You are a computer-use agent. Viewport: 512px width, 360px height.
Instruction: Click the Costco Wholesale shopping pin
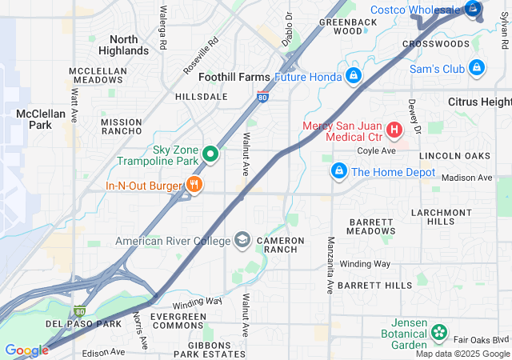point(474,10)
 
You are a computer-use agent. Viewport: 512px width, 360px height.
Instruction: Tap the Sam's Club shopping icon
point(477,69)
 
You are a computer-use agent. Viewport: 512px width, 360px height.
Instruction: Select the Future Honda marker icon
point(353,77)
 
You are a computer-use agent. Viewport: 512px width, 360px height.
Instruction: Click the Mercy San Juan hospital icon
point(394,129)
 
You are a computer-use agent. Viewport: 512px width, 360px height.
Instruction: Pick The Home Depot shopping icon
point(339,171)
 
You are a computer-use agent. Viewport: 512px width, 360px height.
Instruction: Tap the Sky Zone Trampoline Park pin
point(210,153)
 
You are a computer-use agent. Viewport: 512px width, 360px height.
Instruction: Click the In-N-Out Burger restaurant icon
point(194,186)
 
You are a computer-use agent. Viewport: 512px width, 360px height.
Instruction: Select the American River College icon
point(242,240)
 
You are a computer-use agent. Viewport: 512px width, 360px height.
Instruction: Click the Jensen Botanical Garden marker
point(438,331)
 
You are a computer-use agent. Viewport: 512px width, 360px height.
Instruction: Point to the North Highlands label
point(123,45)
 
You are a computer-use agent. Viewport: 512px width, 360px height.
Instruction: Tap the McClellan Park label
point(34,119)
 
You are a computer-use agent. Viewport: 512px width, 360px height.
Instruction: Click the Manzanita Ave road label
point(330,263)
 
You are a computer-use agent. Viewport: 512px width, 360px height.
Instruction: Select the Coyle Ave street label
point(377,150)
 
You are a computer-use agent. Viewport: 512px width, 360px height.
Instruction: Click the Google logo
point(26,350)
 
